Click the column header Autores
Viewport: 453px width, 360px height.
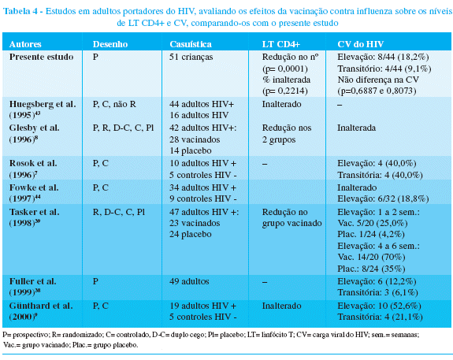coord(25,44)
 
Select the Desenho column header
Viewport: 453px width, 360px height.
coord(110,44)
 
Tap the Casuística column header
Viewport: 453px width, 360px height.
coord(191,44)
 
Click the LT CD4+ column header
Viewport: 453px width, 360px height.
coord(281,44)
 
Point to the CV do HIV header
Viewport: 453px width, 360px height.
coord(361,44)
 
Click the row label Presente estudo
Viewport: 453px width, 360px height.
coord(41,57)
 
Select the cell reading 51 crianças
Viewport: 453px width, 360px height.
coord(191,57)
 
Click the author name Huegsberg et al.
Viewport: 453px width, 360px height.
coord(43,104)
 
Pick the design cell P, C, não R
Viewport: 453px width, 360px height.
coord(114,104)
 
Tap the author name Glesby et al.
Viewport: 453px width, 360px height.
coord(34,128)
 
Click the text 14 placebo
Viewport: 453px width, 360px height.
coord(191,150)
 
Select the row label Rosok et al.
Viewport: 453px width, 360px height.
coord(33,163)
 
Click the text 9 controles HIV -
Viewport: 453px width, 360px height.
coord(203,199)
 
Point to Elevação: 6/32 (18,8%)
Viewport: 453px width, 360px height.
coord(383,199)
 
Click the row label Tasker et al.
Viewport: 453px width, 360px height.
coord(34,212)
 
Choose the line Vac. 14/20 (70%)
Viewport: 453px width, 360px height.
coord(371,257)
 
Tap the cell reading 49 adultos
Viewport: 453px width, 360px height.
coord(189,281)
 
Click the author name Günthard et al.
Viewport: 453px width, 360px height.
coord(41,306)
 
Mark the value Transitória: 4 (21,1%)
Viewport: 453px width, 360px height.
coord(380,317)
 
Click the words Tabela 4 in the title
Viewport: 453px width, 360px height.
coord(20,11)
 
